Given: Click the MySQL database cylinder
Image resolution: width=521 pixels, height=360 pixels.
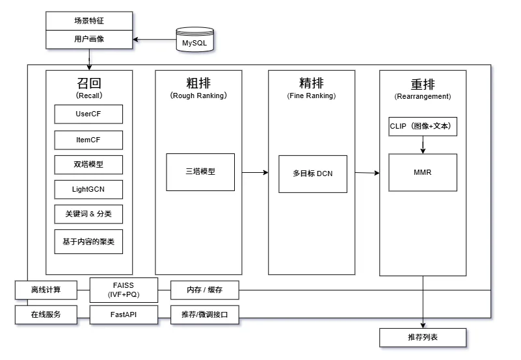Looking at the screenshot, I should [194, 40].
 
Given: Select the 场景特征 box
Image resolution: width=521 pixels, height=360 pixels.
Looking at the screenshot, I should [88, 20].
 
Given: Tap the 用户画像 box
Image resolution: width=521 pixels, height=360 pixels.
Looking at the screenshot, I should [88, 39].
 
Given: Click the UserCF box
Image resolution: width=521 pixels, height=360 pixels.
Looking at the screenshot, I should [88, 114].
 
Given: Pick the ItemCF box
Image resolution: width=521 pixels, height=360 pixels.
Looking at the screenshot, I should [88, 140].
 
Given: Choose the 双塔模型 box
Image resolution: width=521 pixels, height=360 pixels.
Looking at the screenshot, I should [88, 164].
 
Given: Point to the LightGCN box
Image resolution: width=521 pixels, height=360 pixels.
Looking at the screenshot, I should [88, 189].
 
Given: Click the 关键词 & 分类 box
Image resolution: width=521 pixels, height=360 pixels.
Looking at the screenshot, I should [88, 214].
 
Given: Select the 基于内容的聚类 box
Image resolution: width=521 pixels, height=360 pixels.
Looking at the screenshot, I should [88, 241].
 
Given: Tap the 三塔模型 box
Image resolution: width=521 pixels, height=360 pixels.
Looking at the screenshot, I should [200, 172].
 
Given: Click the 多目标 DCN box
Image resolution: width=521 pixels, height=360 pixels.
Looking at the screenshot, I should [313, 174].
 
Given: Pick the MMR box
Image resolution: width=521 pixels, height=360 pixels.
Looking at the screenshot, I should [423, 173].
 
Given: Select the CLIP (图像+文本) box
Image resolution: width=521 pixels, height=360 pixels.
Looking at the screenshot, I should [423, 126].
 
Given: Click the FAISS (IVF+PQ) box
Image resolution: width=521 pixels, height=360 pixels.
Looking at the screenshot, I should [124, 289].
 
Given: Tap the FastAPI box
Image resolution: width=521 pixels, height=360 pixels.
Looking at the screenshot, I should [124, 315].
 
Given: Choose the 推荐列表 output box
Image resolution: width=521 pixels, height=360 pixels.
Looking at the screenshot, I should [423, 337].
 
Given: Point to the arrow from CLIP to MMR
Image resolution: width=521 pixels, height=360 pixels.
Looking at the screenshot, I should [423, 145].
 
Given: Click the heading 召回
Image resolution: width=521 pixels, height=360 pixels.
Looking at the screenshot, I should [89, 84].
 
